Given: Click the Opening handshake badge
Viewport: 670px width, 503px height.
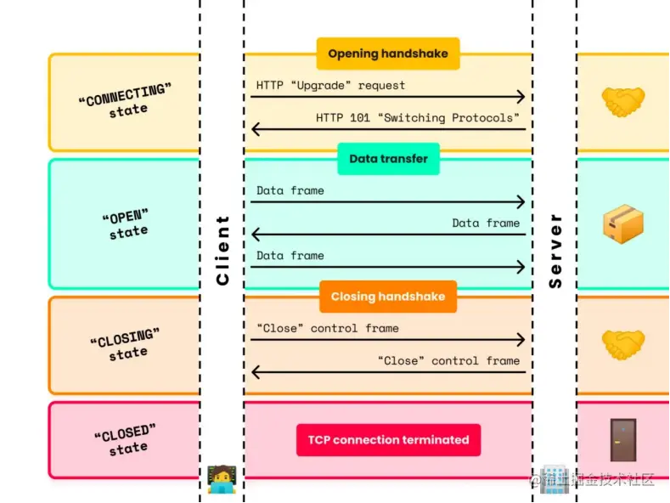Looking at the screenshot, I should click(388, 54).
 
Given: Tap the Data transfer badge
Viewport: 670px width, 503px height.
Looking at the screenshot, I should click(388, 159).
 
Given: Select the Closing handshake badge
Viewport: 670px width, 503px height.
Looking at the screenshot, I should click(388, 297).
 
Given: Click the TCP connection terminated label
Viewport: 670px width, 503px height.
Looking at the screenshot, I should click(388, 440).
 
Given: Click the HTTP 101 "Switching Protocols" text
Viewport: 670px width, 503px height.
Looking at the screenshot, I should click(417, 118).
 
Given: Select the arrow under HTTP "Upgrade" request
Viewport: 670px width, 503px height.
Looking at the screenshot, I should click(387, 98).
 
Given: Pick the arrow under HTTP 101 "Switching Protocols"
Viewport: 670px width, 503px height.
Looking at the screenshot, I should click(387, 130).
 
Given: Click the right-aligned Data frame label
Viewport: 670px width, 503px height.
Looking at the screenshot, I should click(485, 223).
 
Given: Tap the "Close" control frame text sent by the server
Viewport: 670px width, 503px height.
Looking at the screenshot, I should click(448, 361).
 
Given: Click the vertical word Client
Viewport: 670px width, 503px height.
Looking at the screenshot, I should click(222, 250).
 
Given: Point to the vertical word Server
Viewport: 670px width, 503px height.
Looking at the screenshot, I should click(555, 251).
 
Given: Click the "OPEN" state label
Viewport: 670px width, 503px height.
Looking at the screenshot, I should click(125, 223).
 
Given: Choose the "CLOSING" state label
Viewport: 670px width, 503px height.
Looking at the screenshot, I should click(125, 345).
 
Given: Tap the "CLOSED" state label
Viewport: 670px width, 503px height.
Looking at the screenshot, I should click(125, 440).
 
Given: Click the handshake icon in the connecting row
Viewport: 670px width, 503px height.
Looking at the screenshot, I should click(623, 103).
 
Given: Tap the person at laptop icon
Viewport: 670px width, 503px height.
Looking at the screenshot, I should click(222, 479).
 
